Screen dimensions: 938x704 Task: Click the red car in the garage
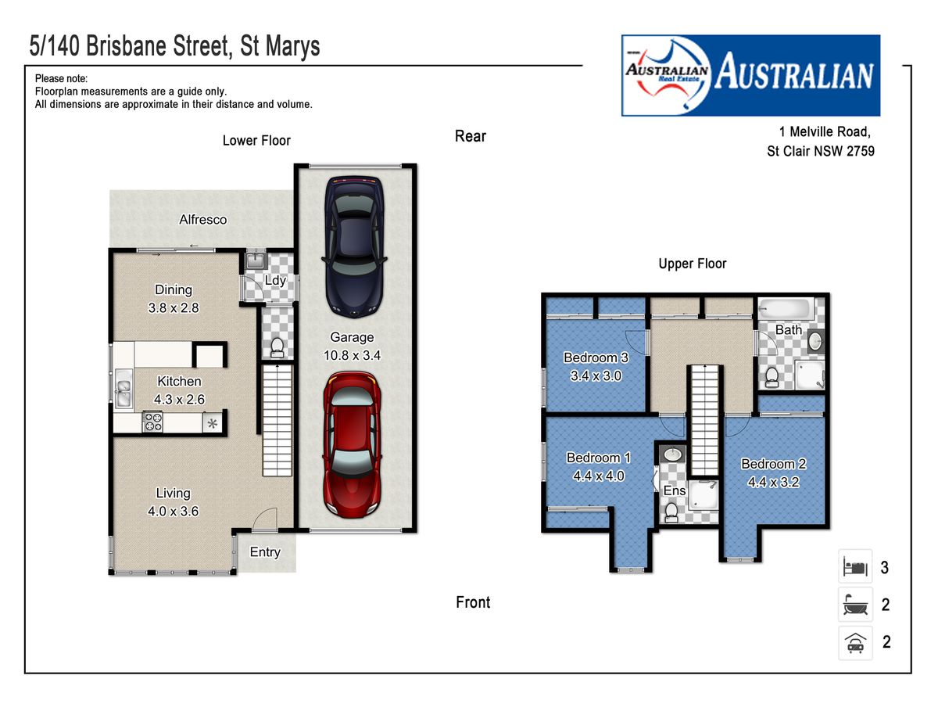352,444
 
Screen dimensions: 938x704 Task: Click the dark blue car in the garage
354,246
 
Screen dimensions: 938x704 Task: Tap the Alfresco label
203,219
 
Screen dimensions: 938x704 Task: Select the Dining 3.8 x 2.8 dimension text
174,307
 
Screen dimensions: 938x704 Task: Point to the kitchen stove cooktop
152,422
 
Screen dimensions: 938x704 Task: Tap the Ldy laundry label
275,280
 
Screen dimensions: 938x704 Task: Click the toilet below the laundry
277,348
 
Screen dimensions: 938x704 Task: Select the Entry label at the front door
265,551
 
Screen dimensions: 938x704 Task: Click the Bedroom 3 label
596,357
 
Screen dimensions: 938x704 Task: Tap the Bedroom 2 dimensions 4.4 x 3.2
773,482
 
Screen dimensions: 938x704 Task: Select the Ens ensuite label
675,490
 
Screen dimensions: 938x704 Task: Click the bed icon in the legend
855,567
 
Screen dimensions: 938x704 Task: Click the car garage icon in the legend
855,643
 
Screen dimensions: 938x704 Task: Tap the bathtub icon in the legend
855,605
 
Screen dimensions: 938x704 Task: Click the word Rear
471,136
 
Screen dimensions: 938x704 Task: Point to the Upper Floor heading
693,264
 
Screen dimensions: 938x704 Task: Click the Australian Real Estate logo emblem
667,75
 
